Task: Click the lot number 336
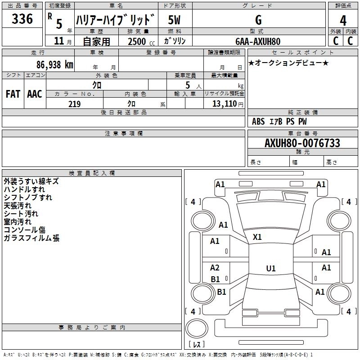[x=22, y=19]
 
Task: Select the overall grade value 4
[x=343, y=20]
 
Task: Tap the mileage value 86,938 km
[x=55, y=65]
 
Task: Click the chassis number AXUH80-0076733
[x=302, y=143]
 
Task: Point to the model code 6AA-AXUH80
[x=258, y=41]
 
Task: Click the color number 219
[x=74, y=104]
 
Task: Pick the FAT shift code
[x=13, y=94]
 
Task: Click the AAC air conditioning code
[x=35, y=94]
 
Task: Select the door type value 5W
[x=174, y=20]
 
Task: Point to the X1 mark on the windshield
[x=257, y=237]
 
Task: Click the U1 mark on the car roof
[x=271, y=268]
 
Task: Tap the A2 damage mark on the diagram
[x=215, y=268]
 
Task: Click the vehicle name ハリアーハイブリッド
[x=116, y=19]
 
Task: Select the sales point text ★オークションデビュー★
[x=288, y=63]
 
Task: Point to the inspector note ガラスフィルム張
[x=31, y=238]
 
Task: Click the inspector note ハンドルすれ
[x=24, y=189]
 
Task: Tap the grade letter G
[x=258, y=20]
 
